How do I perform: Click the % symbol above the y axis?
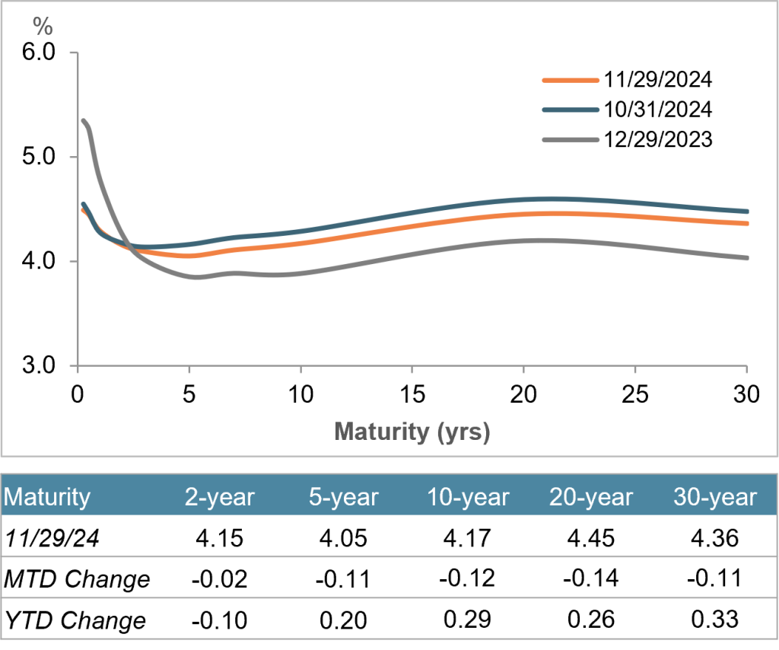click(x=43, y=27)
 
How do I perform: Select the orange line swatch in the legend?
click(x=571, y=80)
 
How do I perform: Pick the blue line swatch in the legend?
click(x=571, y=110)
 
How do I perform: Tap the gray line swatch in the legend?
click(x=571, y=140)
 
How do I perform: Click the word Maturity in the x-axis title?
click(x=382, y=432)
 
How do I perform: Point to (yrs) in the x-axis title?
click(x=463, y=432)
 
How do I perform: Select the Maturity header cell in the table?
click(x=47, y=497)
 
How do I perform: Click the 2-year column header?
click(x=220, y=497)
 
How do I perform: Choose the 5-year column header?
click(x=344, y=497)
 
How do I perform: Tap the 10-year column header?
click(x=468, y=497)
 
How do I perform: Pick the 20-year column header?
click(x=591, y=497)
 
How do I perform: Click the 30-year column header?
click(x=715, y=497)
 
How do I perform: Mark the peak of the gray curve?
click(x=84, y=120)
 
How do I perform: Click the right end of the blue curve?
click(x=747, y=212)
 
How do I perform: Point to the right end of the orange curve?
click(x=747, y=224)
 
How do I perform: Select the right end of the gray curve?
click(x=747, y=258)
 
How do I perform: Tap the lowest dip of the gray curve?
click(x=197, y=278)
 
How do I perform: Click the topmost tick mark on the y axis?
click(x=74, y=53)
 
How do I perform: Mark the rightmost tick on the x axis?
click(x=746, y=370)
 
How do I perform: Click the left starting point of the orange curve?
click(x=81, y=209)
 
